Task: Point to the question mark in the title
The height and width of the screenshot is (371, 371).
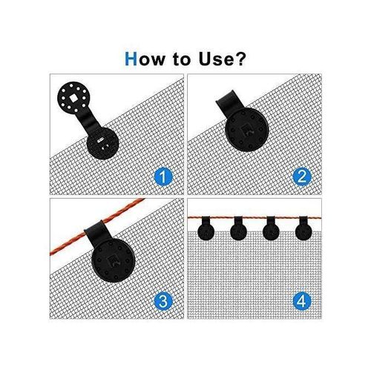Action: [x=242, y=59]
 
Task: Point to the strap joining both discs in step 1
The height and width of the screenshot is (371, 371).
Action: [x=87, y=119]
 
